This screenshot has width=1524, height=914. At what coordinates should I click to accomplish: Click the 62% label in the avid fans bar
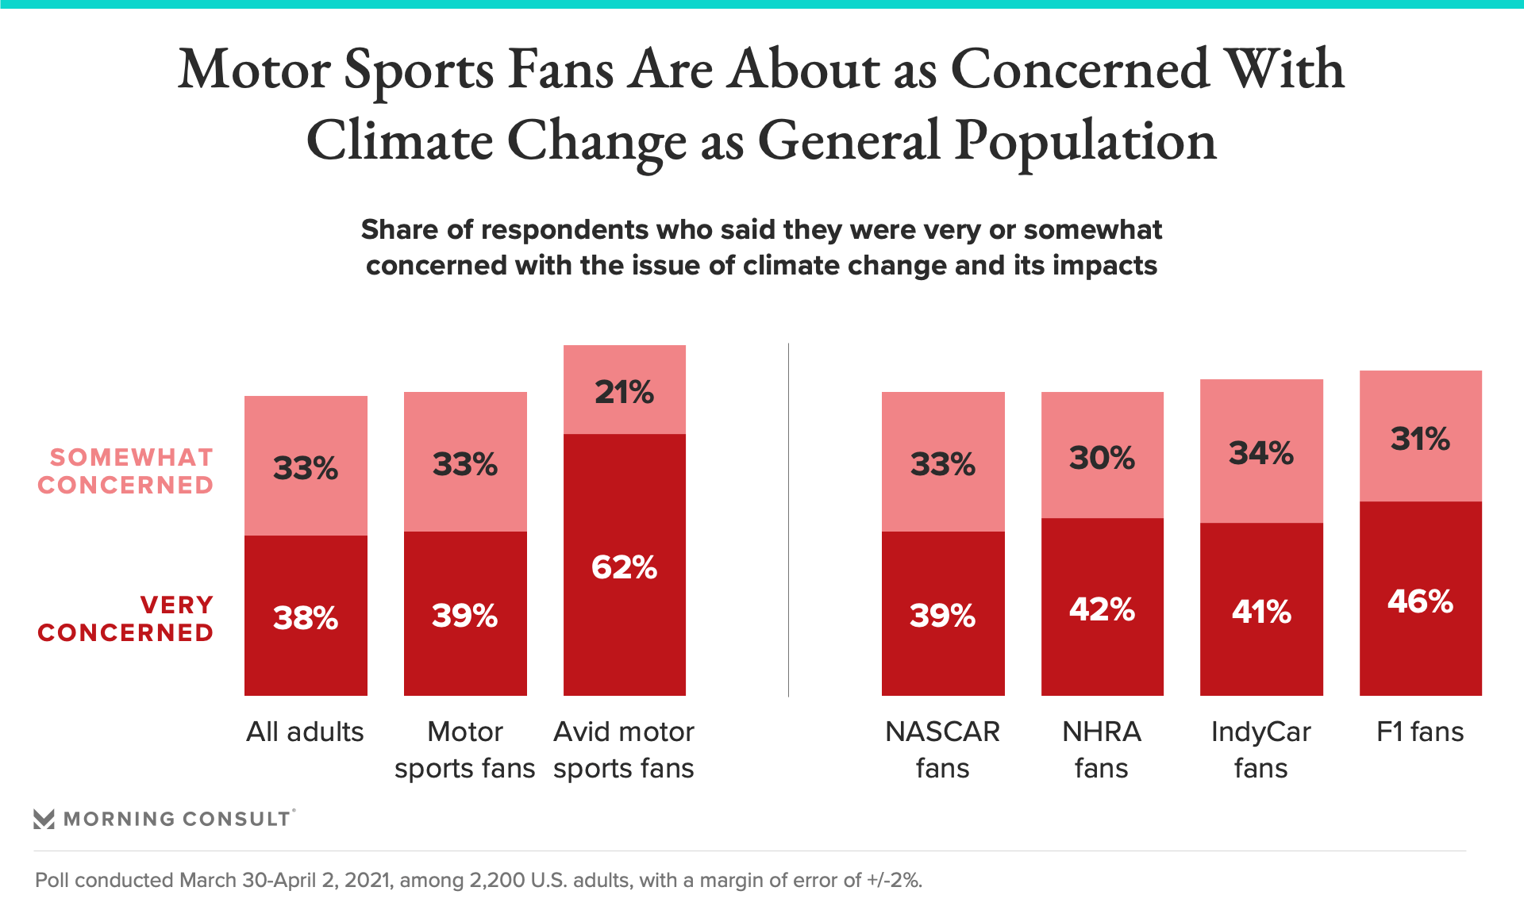click(624, 567)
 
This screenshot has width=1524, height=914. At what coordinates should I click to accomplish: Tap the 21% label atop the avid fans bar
click(624, 392)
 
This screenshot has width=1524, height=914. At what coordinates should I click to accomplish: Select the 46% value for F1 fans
click(1420, 601)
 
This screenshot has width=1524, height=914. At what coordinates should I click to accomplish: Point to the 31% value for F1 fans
click(1420, 439)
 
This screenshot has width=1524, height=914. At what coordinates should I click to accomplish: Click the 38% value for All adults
click(306, 617)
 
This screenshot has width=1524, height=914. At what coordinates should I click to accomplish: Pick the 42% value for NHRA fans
click(1102, 609)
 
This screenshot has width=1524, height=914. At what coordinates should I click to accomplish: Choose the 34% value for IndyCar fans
click(1260, 453)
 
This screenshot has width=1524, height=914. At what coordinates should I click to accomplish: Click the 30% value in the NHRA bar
click(1102, 458)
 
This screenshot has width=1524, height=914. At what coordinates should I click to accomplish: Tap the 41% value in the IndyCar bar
click(1260, 612)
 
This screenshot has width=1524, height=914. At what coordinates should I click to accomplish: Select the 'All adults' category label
click(305, 732)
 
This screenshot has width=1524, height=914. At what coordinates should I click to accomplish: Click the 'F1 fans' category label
click(1420, 732)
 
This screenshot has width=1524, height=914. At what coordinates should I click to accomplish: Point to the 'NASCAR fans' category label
click(942, 750)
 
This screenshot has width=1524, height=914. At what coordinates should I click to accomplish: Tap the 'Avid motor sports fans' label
click(624, 750)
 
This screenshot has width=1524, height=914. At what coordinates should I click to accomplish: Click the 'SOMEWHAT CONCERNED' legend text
click(125, 471)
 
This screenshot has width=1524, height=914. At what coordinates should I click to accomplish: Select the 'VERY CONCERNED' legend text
click(125, 619)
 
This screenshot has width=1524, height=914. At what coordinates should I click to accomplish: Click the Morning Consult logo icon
click(44, 819)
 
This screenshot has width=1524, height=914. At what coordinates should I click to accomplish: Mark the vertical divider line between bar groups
click(788, 520)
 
